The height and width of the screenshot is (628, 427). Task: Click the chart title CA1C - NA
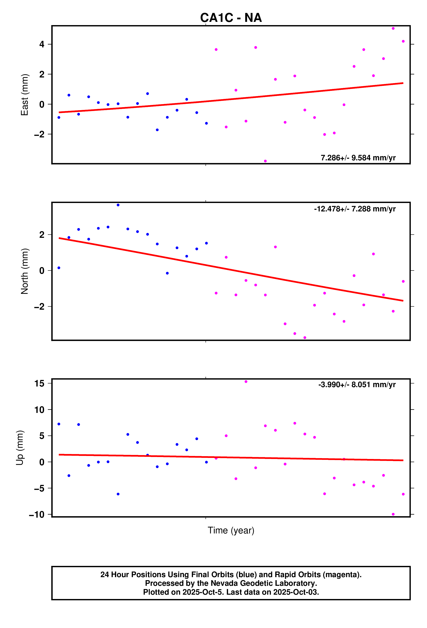click(231, 18)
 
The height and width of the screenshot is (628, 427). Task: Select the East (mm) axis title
click(25, 95)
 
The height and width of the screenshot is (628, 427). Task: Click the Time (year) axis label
click(231, 530)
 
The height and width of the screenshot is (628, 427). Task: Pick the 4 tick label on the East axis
click(42, 44)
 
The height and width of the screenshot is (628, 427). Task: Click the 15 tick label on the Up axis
click(39, 383)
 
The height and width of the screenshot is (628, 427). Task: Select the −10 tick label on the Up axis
click(37, 515)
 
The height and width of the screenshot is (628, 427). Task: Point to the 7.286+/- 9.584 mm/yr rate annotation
click(358, 158)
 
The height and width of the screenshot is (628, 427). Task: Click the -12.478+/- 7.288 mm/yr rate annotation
click(355, 209)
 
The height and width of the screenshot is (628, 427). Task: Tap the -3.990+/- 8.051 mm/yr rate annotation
click(357, 385)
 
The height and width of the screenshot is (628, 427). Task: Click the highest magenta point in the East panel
click(393, 28)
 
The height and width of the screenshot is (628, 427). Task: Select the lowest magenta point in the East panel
click(265, 161)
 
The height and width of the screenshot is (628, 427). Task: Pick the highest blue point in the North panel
click(118, 205)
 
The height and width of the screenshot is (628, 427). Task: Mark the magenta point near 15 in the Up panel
click(246, 382)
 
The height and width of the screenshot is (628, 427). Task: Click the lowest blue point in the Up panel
click(118, 494)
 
